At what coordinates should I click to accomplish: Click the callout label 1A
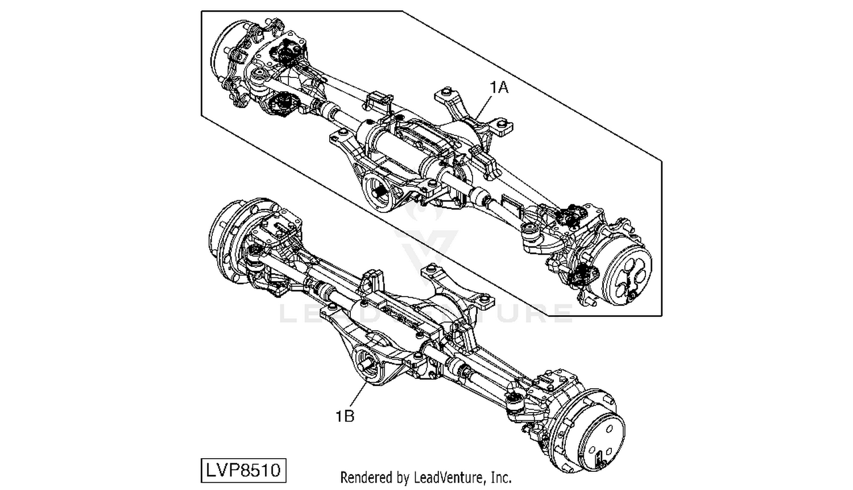499,88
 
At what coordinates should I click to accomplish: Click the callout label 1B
345,416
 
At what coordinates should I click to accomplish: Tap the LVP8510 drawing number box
243,471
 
